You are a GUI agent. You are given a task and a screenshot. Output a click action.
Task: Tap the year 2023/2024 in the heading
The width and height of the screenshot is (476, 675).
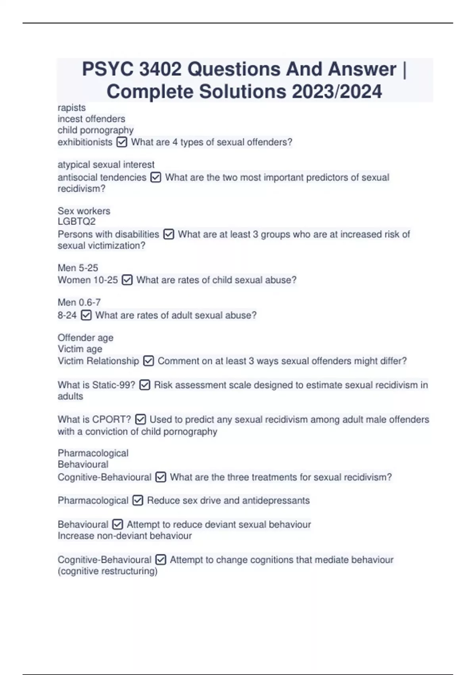tap(337, 92)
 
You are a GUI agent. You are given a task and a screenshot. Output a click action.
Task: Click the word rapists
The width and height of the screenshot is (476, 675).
tap(71, 108)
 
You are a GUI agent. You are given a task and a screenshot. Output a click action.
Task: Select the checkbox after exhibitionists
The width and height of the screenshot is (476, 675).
tap(122, 142)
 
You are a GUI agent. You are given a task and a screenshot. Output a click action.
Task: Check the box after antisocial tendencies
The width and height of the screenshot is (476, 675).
tap(156, 177)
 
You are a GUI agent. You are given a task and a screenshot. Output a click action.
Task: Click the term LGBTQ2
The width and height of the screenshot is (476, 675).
tap(77, 222)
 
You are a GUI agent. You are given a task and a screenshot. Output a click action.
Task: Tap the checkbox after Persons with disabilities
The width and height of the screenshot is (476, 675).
tap(169, 234)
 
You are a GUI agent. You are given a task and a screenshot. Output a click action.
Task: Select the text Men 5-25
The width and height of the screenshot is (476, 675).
tap(78, 268)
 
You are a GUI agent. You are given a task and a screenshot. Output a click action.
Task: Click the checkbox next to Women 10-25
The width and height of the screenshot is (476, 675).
tap(127, 280)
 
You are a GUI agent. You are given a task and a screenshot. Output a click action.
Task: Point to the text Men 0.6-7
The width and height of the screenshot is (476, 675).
tap(79, 303)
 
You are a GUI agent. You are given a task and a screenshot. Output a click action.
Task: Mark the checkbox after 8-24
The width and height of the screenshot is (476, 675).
tap(86, 315)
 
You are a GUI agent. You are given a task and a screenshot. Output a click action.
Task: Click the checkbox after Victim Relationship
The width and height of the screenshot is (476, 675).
tap(148, 361)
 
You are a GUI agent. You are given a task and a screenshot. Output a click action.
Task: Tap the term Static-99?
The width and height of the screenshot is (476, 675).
tap(113, 385)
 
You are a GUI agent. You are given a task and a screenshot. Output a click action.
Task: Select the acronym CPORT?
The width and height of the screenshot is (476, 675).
tap(111, 419)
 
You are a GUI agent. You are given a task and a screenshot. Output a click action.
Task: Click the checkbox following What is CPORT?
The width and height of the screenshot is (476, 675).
tap(140, 419)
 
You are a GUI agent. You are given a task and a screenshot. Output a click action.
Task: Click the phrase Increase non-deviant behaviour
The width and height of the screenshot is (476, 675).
tap(125, 536)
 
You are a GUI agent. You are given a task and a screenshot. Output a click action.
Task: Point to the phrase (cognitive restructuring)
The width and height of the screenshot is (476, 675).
tap(107, 571)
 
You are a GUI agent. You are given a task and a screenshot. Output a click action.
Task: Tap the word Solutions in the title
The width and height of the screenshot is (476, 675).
tap(242, 92)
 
